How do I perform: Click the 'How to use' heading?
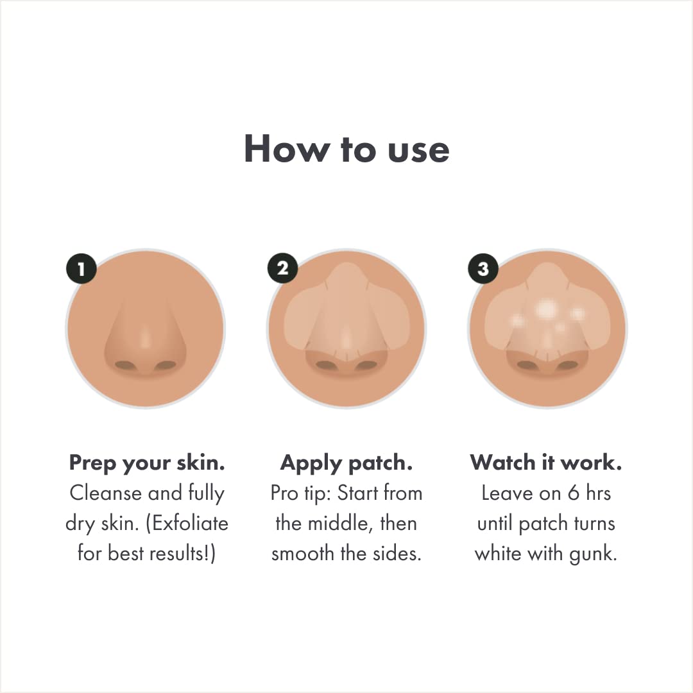point(346,149)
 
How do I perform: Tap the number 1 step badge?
point(81,269)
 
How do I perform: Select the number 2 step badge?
point(282,269)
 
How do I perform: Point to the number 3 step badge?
point(483,269)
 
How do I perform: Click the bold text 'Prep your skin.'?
point(147,463)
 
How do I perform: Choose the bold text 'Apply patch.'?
point(346,463)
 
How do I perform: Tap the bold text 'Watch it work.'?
point(546,463)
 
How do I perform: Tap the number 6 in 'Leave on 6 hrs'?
point(555,493)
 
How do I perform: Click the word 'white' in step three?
point(497,554)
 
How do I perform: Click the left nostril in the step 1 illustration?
point(126,366)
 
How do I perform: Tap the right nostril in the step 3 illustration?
point(567,366)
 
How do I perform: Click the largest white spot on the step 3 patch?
point(545,309)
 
